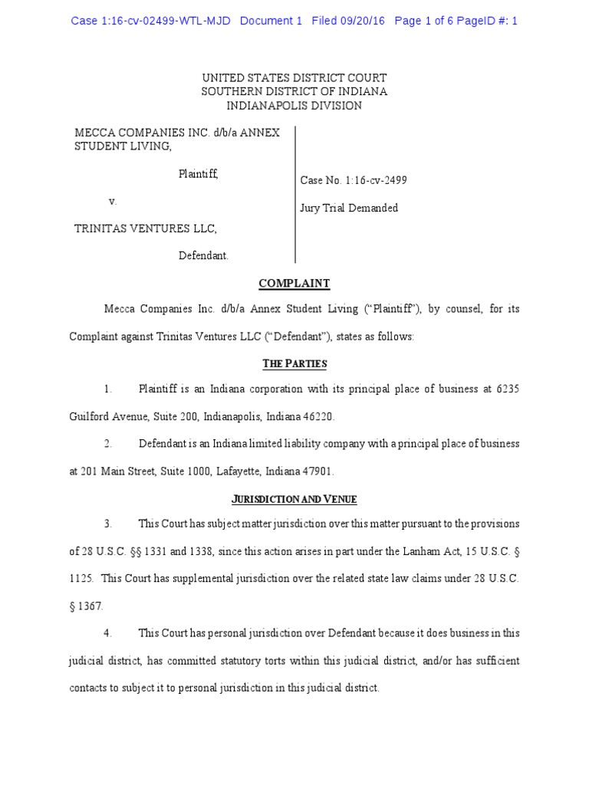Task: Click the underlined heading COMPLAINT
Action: pos(294,284)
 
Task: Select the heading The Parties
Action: pos(294,363)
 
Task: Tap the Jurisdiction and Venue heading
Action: pos(294,499)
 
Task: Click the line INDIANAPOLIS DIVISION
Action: pos(294,106)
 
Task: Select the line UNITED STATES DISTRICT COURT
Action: pos(294,78)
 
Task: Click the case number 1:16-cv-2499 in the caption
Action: pos(375,181)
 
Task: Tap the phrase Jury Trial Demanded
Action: pos(349,209)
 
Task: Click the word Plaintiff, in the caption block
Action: pos(199,174)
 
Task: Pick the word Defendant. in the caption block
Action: pos(203,256)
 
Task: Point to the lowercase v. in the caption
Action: pos(113,201)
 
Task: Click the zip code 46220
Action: pos(320,416)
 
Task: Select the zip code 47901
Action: pos(318,471)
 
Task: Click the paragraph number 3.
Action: pos(108,524)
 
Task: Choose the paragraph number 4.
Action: pos(108,633)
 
